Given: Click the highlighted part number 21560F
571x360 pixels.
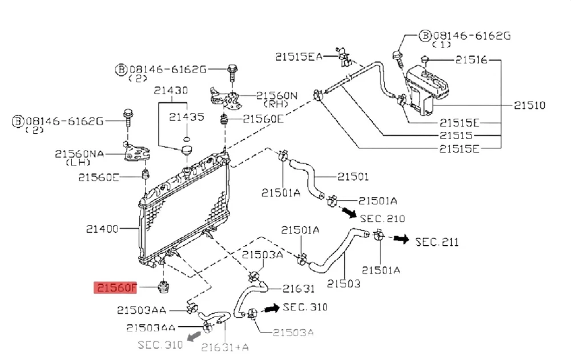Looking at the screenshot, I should coord(116,287).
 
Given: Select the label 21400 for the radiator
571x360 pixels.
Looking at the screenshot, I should coord(102,229).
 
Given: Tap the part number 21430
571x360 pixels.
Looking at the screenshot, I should coord(171,91).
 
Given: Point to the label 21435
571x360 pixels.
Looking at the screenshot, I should coord(186,117).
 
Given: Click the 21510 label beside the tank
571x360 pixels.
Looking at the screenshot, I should coord(529,105).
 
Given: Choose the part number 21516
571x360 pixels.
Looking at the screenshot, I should coord(471,59).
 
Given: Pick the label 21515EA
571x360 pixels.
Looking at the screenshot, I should coord(299,56).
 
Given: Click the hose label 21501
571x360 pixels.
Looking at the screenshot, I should coord(352,177).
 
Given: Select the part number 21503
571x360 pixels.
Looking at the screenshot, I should coord(344,283).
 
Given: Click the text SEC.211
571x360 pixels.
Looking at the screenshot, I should coord(437,241).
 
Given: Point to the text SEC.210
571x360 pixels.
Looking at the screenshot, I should coord(383,219).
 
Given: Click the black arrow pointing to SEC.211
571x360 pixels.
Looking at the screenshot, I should coord(402,239).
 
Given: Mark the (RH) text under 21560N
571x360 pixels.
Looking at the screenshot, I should coord(275,104).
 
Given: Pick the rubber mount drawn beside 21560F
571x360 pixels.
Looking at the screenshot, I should coord(164,286).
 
